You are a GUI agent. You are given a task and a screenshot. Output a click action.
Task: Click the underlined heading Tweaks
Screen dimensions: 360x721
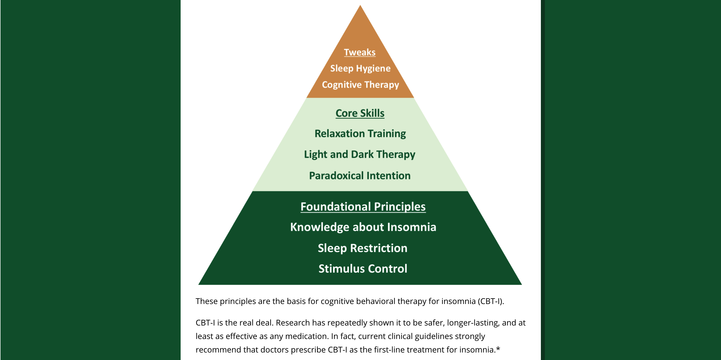[x=360, y=52]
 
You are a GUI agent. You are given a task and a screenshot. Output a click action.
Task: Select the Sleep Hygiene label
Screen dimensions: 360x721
[x=360, y=68]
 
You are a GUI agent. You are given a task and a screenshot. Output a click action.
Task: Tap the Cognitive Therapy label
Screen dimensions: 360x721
[x=360, y=85]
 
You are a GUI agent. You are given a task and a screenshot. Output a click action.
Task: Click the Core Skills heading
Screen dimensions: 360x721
[x=360, y=113]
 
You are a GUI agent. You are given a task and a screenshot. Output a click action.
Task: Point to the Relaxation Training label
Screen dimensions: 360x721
[x=360, y=134]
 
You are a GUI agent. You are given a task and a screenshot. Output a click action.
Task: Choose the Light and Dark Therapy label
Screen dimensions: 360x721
[x=360, y=154]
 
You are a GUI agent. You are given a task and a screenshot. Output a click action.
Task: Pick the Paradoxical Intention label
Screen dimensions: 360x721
[x=360, y=176]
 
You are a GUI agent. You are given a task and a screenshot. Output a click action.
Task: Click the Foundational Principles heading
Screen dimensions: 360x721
[x=363, y=207]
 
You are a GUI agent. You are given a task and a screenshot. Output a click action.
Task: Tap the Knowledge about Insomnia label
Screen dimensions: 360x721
[x=363, y=227]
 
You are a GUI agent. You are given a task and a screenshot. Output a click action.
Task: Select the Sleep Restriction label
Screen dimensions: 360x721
[x=363, y=248]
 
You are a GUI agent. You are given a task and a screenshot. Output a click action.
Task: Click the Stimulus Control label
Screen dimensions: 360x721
[x=363, y=268]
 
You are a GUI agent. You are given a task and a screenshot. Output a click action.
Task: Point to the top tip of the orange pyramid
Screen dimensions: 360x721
[x=360, y=6]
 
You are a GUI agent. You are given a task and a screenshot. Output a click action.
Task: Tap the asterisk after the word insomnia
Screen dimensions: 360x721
[x=498, y=349]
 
